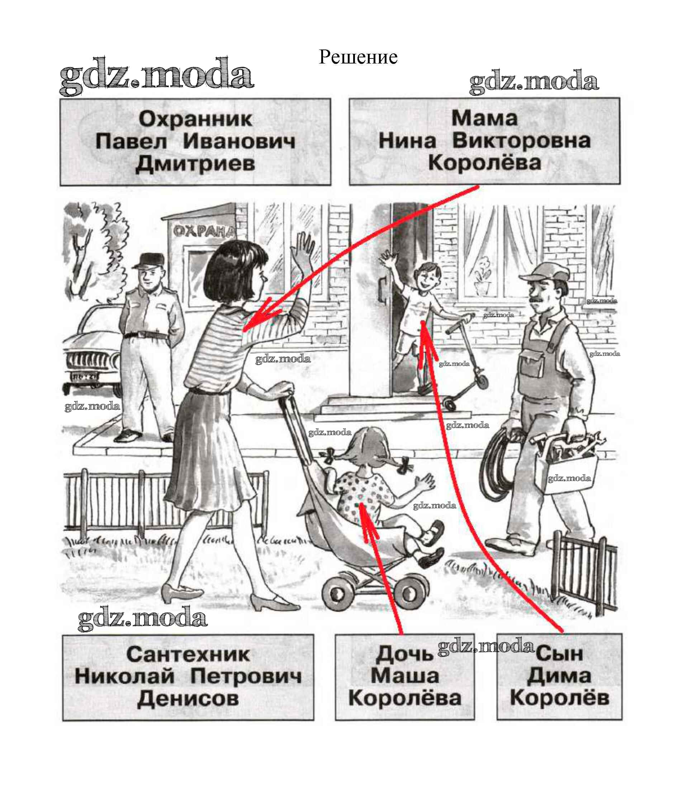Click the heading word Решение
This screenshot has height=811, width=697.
pos(358,57)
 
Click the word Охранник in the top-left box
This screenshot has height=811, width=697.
pos(195,119)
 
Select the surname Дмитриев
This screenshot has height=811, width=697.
pos(195,164)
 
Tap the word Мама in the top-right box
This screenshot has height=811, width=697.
pos(484,118)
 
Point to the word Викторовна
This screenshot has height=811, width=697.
pos(521,141)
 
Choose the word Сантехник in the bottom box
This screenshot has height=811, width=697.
pos(188,655)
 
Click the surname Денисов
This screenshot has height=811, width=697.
pos(188,699)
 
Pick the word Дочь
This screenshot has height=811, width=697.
pos(404,655)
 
